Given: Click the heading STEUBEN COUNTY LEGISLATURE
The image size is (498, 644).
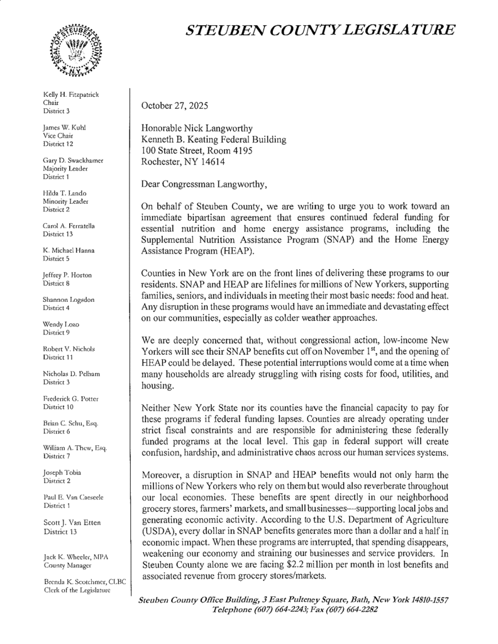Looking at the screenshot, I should tap(318, 30).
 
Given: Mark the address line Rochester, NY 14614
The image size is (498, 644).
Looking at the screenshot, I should tap(185, 162).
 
